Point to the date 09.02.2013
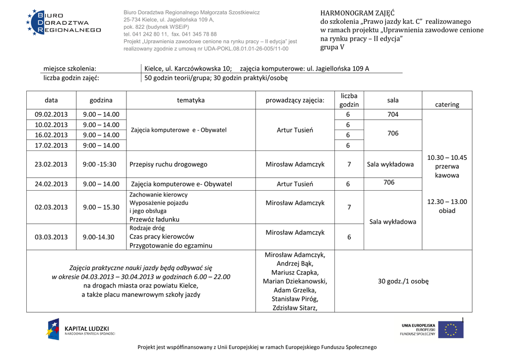coord(51,115)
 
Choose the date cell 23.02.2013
coord(51,164)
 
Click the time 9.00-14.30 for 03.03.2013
coord(98,237)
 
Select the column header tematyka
coord(190,100)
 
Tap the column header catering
coord(447,104)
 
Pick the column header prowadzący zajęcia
coord(295,100)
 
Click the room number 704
coord(392,115)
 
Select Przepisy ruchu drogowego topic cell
coord(168,164)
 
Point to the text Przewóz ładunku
coord(154,219)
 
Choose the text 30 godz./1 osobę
coord(403,281)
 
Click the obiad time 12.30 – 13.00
coord(447,202)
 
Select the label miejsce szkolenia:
coord(70,69)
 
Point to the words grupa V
coord(332,47)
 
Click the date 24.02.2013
coord(51,184)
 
